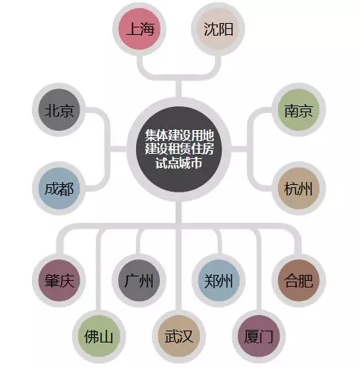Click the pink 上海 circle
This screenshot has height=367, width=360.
(x=139, y=29)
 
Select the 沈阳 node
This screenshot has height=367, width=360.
(x=218, y=29)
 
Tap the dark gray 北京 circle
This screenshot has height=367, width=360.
(x=59, y=110)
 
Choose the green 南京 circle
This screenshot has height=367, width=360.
(x=298, y=110)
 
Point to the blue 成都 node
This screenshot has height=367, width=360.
(x=59, y=189)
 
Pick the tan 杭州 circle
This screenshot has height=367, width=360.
(x=298, y=189)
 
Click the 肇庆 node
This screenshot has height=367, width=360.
(x=59, y=281)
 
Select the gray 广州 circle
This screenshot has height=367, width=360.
(x=139, y=281)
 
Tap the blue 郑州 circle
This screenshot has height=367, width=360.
(x=219, y=281)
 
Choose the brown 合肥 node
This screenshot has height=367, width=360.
(x=298, y=281)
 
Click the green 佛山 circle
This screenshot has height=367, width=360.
(x=99, y=337)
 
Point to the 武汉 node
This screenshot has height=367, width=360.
(x=179, y=337)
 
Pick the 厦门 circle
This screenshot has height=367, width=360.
(x=259, y=337)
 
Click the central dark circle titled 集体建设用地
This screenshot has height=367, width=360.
(x=179, y=149)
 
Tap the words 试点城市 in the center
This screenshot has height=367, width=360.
(x=179, y=163)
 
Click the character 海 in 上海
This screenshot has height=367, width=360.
(x=147, y=29)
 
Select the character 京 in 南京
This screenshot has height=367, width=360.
(x=306, y=110)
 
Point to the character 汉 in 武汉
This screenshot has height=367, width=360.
(x=186, y=337)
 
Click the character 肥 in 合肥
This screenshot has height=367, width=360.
(x=306, y=281)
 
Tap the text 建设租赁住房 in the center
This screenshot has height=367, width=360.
(x=179, y=149)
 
